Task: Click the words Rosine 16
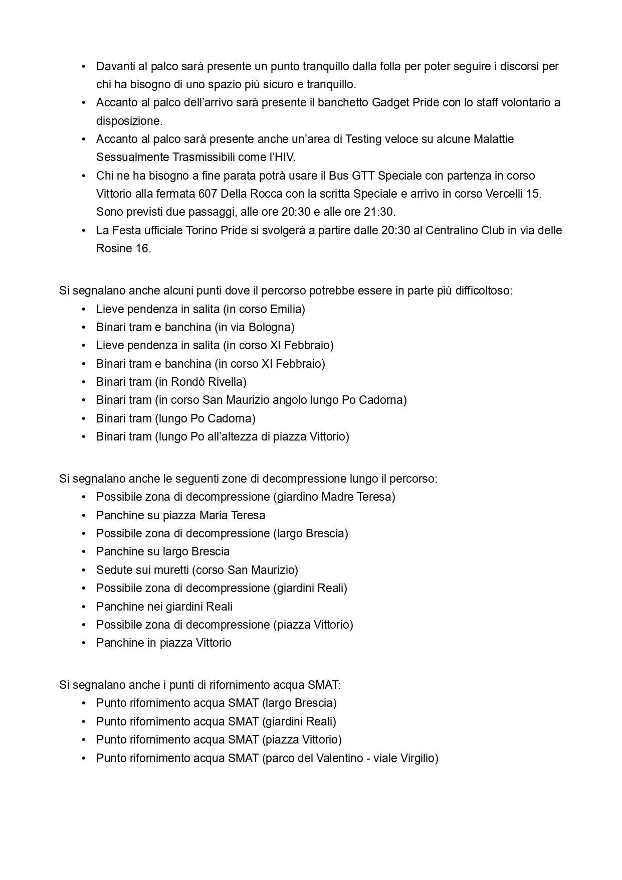[x=123, y=249]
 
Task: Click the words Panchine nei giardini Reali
[x=164, y=607]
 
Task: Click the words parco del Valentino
[x=314, y=759]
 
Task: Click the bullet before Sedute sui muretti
[x=84, y=570]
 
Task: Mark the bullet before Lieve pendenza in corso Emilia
[x=84, y=309]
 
